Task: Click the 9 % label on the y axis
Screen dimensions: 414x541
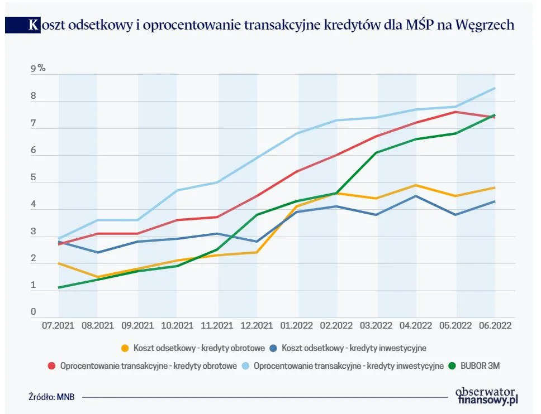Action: point(38,69)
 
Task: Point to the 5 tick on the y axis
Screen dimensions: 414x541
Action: point(34,178)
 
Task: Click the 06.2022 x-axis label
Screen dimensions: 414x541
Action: point(495,324)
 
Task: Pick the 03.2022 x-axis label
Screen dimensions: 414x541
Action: point(376,324)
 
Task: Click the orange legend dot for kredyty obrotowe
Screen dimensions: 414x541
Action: point(125,348)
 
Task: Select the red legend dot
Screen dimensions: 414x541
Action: point(51,366)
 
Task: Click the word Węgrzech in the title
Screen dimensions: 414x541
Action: point(485,26)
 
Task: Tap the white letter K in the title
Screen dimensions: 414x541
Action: point(34,26)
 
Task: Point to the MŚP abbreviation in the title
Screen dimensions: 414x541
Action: point(419,26)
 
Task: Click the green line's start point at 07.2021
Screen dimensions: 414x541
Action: point(59,287)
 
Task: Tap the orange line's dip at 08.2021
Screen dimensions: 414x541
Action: point(98,277)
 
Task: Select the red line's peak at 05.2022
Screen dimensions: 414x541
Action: point(456,112)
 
